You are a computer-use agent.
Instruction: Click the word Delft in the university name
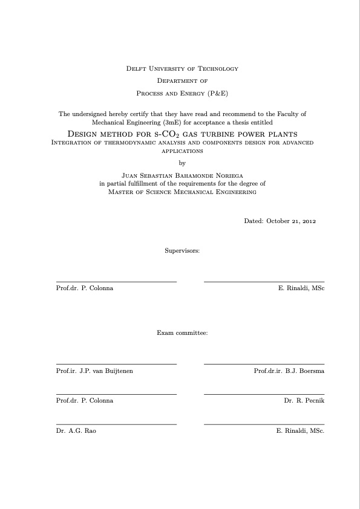(136, 68)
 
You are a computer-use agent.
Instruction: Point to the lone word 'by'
(182, 162)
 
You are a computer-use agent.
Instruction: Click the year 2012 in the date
(309, 221)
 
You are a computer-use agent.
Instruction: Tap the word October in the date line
(277, 221)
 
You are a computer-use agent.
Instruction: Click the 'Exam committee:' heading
(182, 332)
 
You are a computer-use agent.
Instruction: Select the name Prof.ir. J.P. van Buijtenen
(94, 371)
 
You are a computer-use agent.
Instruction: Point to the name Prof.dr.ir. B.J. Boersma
(289, 371)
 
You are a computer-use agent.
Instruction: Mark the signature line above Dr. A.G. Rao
(116, 424)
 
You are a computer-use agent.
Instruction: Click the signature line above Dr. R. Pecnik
(264, 394)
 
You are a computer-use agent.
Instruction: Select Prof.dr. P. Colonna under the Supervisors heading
(84, 288)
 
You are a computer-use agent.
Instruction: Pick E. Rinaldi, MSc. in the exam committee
(300, 430)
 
